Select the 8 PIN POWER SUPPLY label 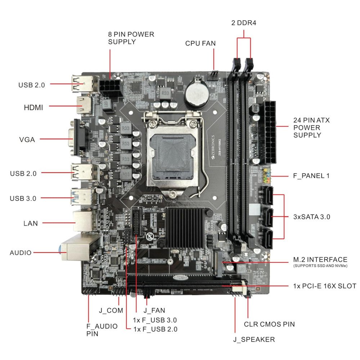tap(131, 38)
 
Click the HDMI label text tap(33, 107)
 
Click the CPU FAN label tap(201, 44)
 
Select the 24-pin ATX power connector tap(270, 131)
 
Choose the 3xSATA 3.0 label tap(312, 217)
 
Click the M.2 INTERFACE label tap(320, 260)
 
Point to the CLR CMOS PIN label tap(269, 324)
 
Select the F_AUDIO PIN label tap(102, 330)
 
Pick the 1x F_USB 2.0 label tap(155, 329)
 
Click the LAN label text tap(31, 223)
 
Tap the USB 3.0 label tap(23, 198)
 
